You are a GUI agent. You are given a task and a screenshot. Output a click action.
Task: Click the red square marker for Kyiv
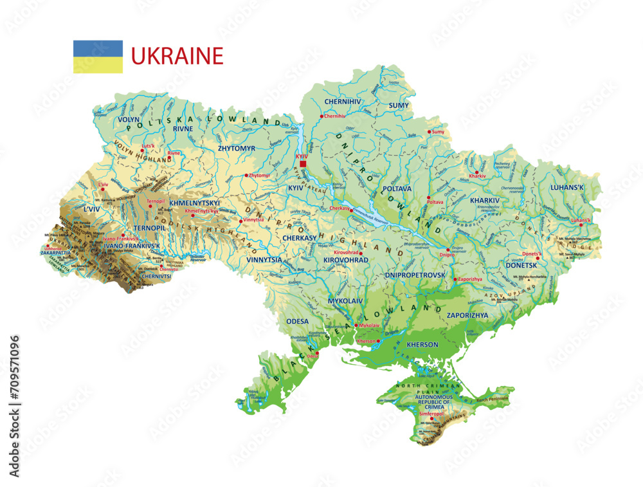pos(303,164)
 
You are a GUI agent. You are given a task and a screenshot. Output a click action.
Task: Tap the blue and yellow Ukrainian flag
pos(98,57)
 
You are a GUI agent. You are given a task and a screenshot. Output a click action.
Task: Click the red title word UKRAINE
pos(177,56)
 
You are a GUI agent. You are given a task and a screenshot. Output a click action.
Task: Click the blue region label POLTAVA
pos(397,188)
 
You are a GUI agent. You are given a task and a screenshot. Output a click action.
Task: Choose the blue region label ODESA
pos(297,320)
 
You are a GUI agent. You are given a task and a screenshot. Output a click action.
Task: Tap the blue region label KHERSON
pos(422,345)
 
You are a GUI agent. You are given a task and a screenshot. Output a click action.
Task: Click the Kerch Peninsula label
pos(492,399)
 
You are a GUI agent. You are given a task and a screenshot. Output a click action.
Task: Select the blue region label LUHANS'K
pos(566,188)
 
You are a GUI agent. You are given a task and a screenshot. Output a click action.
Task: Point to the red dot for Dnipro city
pos(448,250)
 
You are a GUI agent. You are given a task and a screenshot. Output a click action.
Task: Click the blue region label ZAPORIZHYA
pos(467,315)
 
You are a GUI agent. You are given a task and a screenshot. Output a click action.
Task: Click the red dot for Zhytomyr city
pos(246,175)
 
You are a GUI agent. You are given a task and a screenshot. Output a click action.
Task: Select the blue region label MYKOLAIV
pos(345,300)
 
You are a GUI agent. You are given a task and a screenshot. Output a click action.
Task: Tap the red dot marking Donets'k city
pos(538,259)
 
